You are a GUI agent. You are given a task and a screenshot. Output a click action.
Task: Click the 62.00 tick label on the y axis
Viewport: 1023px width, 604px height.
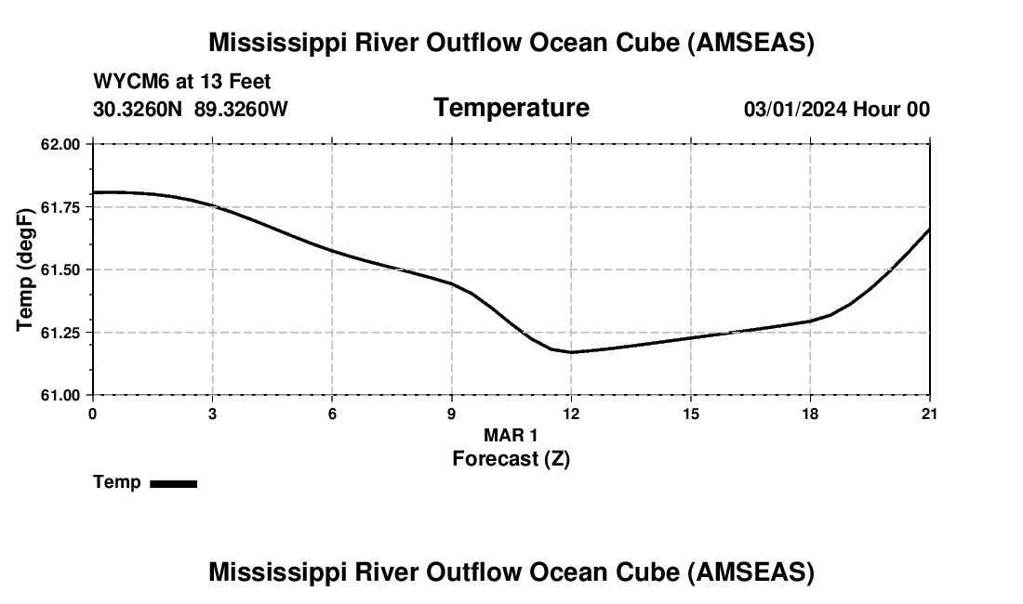click(x=61, y=144)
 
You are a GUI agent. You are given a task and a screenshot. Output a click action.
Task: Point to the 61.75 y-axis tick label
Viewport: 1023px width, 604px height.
click(x=61, y=206)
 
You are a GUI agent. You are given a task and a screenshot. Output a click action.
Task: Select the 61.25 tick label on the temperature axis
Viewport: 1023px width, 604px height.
click(x=61, y=333)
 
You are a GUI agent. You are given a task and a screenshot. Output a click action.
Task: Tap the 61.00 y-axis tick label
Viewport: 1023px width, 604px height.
click(x=61, y=395)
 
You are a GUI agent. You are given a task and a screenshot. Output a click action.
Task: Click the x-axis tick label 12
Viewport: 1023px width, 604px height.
click(x=571, y=414)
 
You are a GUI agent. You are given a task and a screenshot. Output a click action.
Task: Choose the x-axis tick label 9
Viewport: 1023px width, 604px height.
click(x=452, y=414)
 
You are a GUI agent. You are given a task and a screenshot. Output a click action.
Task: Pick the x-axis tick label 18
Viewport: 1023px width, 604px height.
click(x=810, y=414)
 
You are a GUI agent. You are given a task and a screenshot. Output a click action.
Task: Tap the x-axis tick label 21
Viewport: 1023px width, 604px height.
click(x=929, y=414)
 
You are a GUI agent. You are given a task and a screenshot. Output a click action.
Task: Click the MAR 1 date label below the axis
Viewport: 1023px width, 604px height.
click(x=511, y=435)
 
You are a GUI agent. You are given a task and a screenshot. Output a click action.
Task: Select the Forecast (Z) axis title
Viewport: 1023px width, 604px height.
click(x=511, y=458)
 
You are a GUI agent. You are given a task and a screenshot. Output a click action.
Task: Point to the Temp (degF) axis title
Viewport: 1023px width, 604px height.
click(x=25, y=269)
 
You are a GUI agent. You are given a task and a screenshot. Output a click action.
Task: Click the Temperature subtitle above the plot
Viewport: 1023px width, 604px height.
click(x=511, y=108)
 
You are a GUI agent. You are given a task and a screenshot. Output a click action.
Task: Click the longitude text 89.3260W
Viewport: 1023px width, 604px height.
click(x=241, y=110)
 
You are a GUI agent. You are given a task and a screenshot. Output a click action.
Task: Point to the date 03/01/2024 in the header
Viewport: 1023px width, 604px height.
click(x=795, y=110)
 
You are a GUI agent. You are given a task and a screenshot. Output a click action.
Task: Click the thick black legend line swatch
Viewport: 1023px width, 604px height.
click(x=173, y=483)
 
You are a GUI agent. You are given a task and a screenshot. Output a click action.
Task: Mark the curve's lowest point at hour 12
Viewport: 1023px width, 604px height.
click(x=571, y=352)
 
